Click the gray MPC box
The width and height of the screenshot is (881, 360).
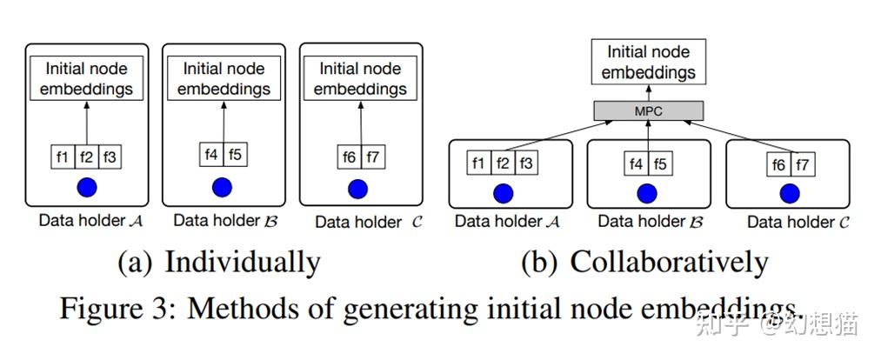click(x=647, y=111)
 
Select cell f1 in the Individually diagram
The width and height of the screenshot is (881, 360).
click(x=62, y=157)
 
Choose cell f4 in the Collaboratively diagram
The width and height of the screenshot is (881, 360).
click(x=635, y=163)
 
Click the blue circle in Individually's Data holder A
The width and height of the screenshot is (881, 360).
click(x=86, y=186)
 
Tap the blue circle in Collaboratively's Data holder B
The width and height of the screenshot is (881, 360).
click(x=646, y=192)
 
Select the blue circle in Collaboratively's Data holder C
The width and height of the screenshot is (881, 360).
click(x=790, y=192)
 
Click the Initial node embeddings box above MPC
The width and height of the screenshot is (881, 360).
click(x=647, y=62)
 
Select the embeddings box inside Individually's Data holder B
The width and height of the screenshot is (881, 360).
click(x=224, y=78)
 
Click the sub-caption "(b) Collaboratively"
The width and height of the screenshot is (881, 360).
click(x=644, y=261)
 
